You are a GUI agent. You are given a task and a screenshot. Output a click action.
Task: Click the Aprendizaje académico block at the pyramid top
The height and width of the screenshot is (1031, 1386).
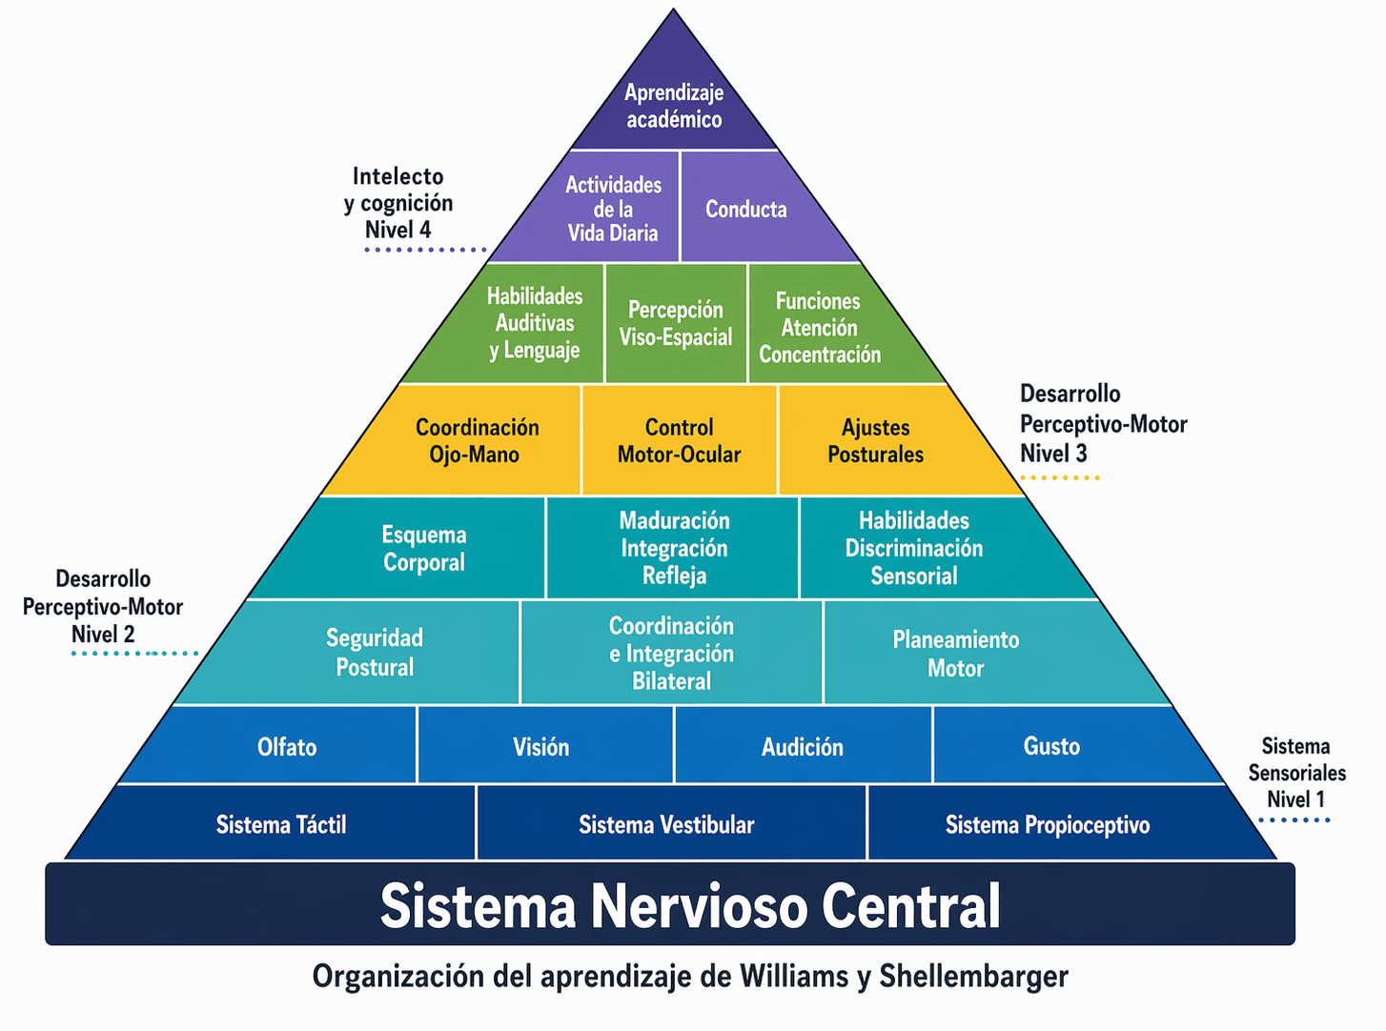click(x=674, y=106)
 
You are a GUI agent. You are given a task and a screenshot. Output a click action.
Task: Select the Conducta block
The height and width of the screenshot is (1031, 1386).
click(x=746, y=210)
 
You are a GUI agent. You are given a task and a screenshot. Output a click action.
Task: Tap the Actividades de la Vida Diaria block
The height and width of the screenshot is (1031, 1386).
click(x=613, y=209)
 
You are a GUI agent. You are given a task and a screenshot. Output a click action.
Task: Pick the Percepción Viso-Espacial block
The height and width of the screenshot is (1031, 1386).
click(x=676, y=323)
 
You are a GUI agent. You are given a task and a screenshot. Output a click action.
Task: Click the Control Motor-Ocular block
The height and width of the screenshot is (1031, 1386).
click(x=679, y=440)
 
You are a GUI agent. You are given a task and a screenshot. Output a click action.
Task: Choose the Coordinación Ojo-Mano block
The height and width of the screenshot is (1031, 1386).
click(x=477, y=440)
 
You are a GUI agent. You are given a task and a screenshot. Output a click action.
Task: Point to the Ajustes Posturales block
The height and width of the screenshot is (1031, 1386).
click(x=875, y=440)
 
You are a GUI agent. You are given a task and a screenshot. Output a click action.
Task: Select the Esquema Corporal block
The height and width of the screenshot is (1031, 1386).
click(x=424, y=548)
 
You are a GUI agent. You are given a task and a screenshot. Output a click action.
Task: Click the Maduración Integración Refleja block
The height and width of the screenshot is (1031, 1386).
click(x=674, y=548)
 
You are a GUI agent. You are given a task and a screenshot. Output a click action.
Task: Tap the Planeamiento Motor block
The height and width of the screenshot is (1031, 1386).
click(x=955, y=654)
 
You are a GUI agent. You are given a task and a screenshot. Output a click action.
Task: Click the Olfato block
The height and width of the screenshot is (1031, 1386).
click(x=287, y=747)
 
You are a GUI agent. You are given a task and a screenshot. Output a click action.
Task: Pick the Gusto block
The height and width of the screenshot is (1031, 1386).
click(x=1051, y=746)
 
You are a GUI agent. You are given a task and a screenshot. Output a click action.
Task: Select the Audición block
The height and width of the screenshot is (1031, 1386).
click(x=803, y=747)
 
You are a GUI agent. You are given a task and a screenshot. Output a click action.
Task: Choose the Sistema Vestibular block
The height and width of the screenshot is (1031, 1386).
click(x=666, y=824)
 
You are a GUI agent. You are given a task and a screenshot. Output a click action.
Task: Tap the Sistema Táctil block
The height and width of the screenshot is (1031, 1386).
click(x=281, y=824)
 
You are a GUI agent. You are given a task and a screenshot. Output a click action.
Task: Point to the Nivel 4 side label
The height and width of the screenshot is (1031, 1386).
click(x=397, y=230)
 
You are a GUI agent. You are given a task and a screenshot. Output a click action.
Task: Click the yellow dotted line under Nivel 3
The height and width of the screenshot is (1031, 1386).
click(x=1059, y=477)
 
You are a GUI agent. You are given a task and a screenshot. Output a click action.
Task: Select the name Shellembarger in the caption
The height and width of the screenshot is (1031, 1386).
click(x=973, y=977)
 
